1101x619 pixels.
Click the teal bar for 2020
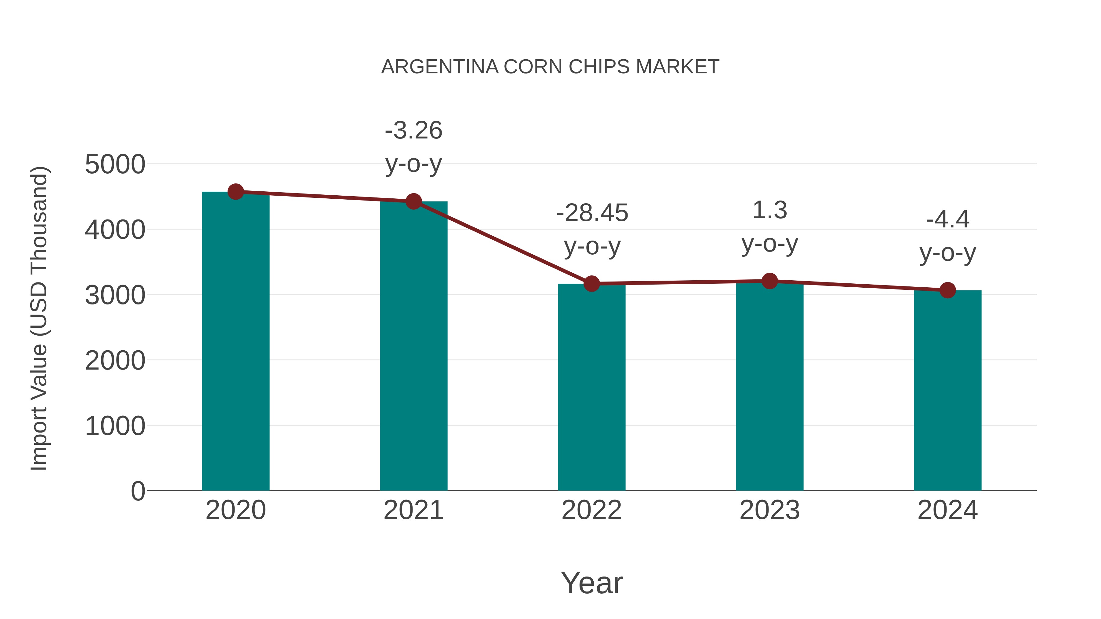[235, 342]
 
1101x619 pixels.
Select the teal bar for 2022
[591, 387]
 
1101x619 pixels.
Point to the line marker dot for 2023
[769, 281]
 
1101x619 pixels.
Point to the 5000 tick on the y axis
[115, 164]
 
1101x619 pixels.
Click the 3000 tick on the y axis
[115, 295]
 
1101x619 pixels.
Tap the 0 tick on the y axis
[138, 491]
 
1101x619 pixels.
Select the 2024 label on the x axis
[947, 510]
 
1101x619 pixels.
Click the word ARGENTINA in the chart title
[440, 67]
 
